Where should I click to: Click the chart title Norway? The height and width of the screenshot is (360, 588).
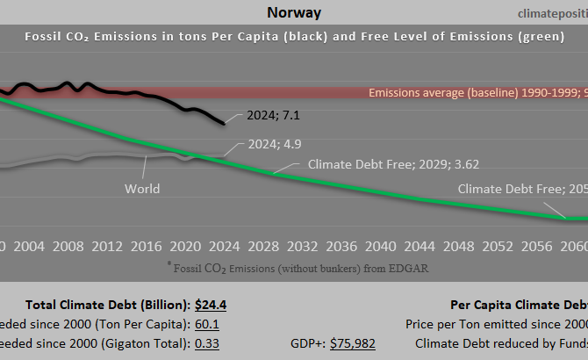(293, 12)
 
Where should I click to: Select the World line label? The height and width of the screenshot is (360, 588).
(142, 188)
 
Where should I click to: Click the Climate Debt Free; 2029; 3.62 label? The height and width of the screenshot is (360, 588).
(393, 163)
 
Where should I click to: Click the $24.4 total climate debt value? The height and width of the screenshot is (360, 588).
(211, 305)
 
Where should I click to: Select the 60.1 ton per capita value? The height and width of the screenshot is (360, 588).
(207, 324)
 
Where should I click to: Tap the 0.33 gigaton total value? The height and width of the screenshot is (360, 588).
(207, 343)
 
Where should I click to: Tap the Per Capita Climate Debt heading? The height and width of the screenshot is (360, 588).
(518, 305)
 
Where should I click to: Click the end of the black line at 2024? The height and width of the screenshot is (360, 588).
(224, 124)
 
